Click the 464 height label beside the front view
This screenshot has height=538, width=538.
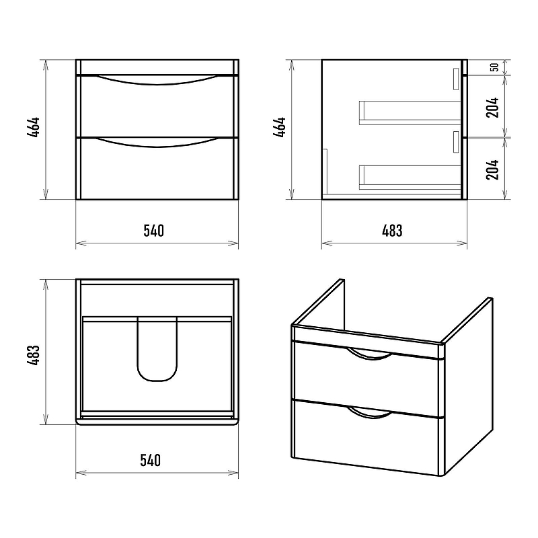click(34, 127)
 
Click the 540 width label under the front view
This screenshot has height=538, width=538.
click(154, 231)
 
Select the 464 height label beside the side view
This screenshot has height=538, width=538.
click(280, 127)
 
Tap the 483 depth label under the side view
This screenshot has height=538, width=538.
click(392, 231)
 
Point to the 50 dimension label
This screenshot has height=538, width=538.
click(494, 67)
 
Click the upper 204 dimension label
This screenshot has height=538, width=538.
click(492, 108)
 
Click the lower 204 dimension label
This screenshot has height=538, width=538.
click(492, 169)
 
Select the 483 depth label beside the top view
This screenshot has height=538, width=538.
click(34, 355)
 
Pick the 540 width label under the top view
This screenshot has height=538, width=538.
click(150, 460)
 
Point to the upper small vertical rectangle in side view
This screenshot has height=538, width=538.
click(456, 79)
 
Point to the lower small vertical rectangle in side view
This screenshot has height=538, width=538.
click(456, 141)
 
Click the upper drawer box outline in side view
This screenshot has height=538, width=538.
click(410, 102)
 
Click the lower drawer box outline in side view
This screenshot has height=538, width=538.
click(410, 165)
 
